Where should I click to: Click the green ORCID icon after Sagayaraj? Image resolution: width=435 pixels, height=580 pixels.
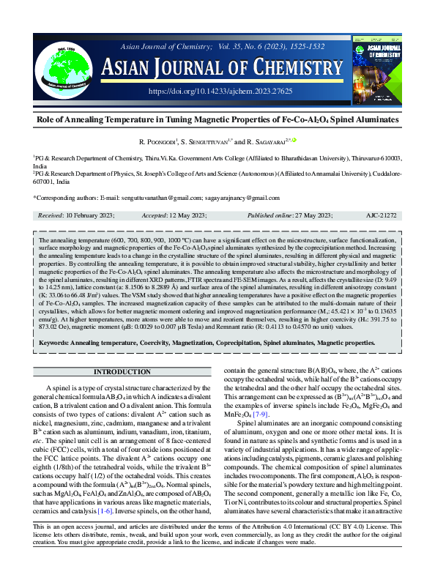[295, 138]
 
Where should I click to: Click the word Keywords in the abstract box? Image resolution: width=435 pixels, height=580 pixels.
[58, 342]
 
